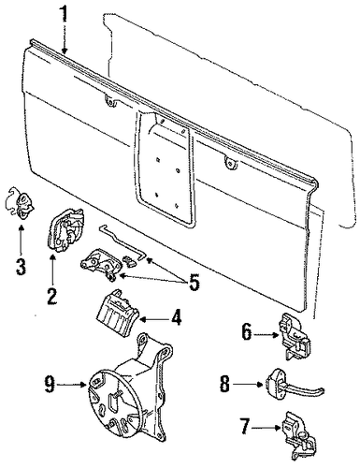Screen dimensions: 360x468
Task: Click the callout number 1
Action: point(65,12)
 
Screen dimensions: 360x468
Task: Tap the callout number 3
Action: point(21,267)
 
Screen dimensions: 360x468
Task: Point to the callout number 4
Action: point(176,318)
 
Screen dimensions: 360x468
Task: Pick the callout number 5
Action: point(193,282)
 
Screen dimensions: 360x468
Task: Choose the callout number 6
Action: point(246,332)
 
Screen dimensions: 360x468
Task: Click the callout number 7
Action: point(245,427)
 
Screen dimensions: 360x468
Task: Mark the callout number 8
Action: point(224,384)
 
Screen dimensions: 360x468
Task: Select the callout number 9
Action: point(50,385)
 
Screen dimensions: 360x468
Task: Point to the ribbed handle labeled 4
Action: point(118,314)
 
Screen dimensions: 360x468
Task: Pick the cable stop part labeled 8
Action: point(292,384)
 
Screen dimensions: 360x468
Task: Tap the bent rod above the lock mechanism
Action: point(122,242)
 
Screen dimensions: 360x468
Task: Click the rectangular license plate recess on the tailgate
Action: point(166,168)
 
